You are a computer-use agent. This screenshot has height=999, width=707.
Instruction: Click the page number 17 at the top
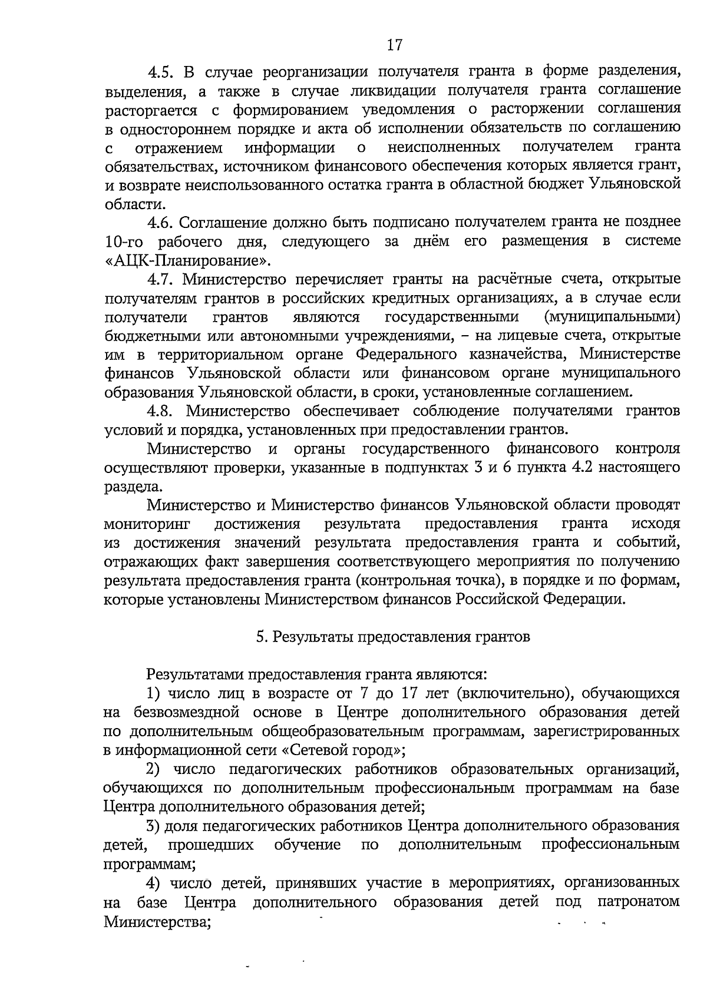394,44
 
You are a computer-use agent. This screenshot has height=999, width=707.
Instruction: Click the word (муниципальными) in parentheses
613,317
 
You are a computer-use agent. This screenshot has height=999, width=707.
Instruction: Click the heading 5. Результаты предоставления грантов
393,637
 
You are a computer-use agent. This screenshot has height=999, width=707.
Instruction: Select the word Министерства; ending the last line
157,921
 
